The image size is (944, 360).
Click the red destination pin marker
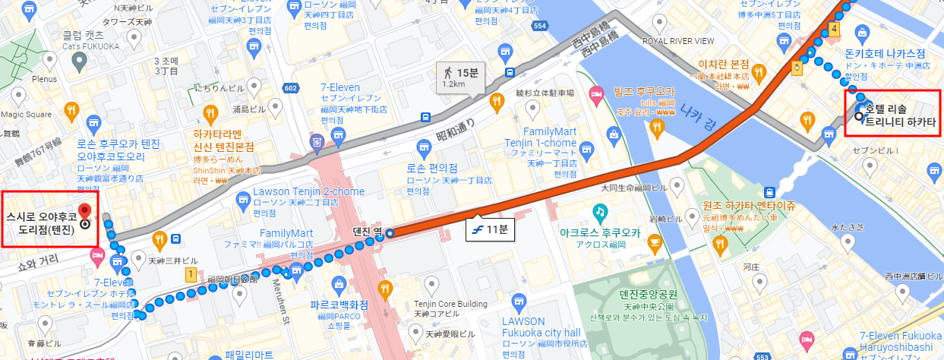click(84, 210)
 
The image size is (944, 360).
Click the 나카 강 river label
click(698, 109)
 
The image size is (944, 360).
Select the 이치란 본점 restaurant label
click(723, 65)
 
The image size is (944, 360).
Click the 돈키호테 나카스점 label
click(885, 54)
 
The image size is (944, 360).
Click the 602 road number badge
click(290, 88)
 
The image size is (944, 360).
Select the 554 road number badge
click(540, 26)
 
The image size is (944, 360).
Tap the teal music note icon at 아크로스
click(600, 210)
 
